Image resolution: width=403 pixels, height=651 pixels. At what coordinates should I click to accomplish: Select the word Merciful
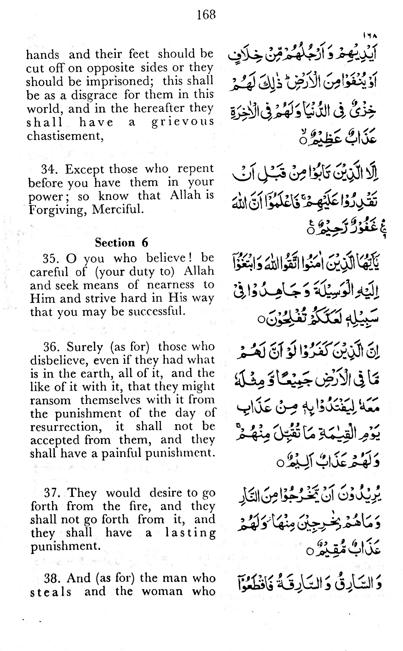(x=118, y=209)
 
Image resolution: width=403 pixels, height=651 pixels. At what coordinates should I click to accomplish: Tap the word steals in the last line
(x=51, y=592)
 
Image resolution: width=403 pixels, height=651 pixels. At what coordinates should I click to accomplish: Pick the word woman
(x=162, y=591)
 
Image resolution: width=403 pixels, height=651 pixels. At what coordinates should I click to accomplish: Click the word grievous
(x=182, y=122)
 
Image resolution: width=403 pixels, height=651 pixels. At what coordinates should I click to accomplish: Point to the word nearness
(x=171, y=285)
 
